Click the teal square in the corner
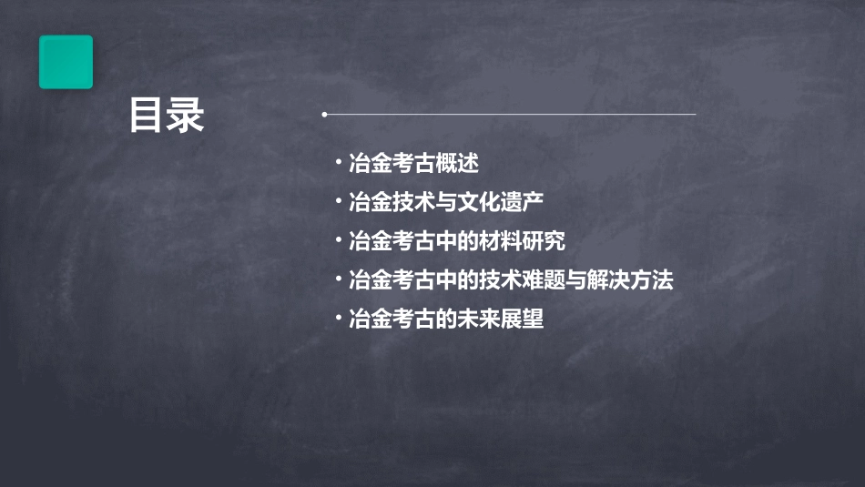[66, 62]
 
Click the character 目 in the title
[147, 116]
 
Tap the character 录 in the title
[187, 116]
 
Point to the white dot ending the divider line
[324, 115]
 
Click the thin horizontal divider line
[510, 115]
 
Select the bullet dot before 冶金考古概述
[338, 164]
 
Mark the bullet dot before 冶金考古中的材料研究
[338, 242]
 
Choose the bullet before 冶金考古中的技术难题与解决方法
[338, 280]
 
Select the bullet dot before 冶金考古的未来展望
[338, 320]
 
